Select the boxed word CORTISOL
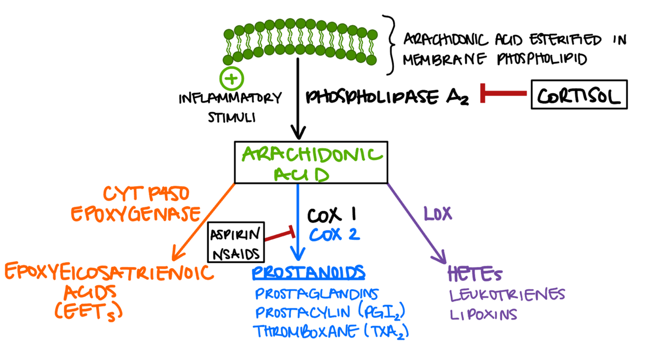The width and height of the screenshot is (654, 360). coord(579,95)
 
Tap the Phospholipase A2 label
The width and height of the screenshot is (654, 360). coord(387,97)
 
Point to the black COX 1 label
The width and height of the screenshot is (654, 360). coord(331,214)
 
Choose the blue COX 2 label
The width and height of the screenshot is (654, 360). coord(334,234)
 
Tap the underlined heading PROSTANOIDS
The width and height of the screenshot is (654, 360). coord(309,273)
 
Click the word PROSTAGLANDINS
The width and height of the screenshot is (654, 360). coord(317,294)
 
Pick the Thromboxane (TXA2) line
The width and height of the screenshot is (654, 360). coord(331,332)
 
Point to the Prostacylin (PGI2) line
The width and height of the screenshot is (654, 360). coord(331,313)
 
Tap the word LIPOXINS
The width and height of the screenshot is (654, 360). coord(483,314)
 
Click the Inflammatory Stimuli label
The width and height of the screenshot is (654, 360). coord(230,107)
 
